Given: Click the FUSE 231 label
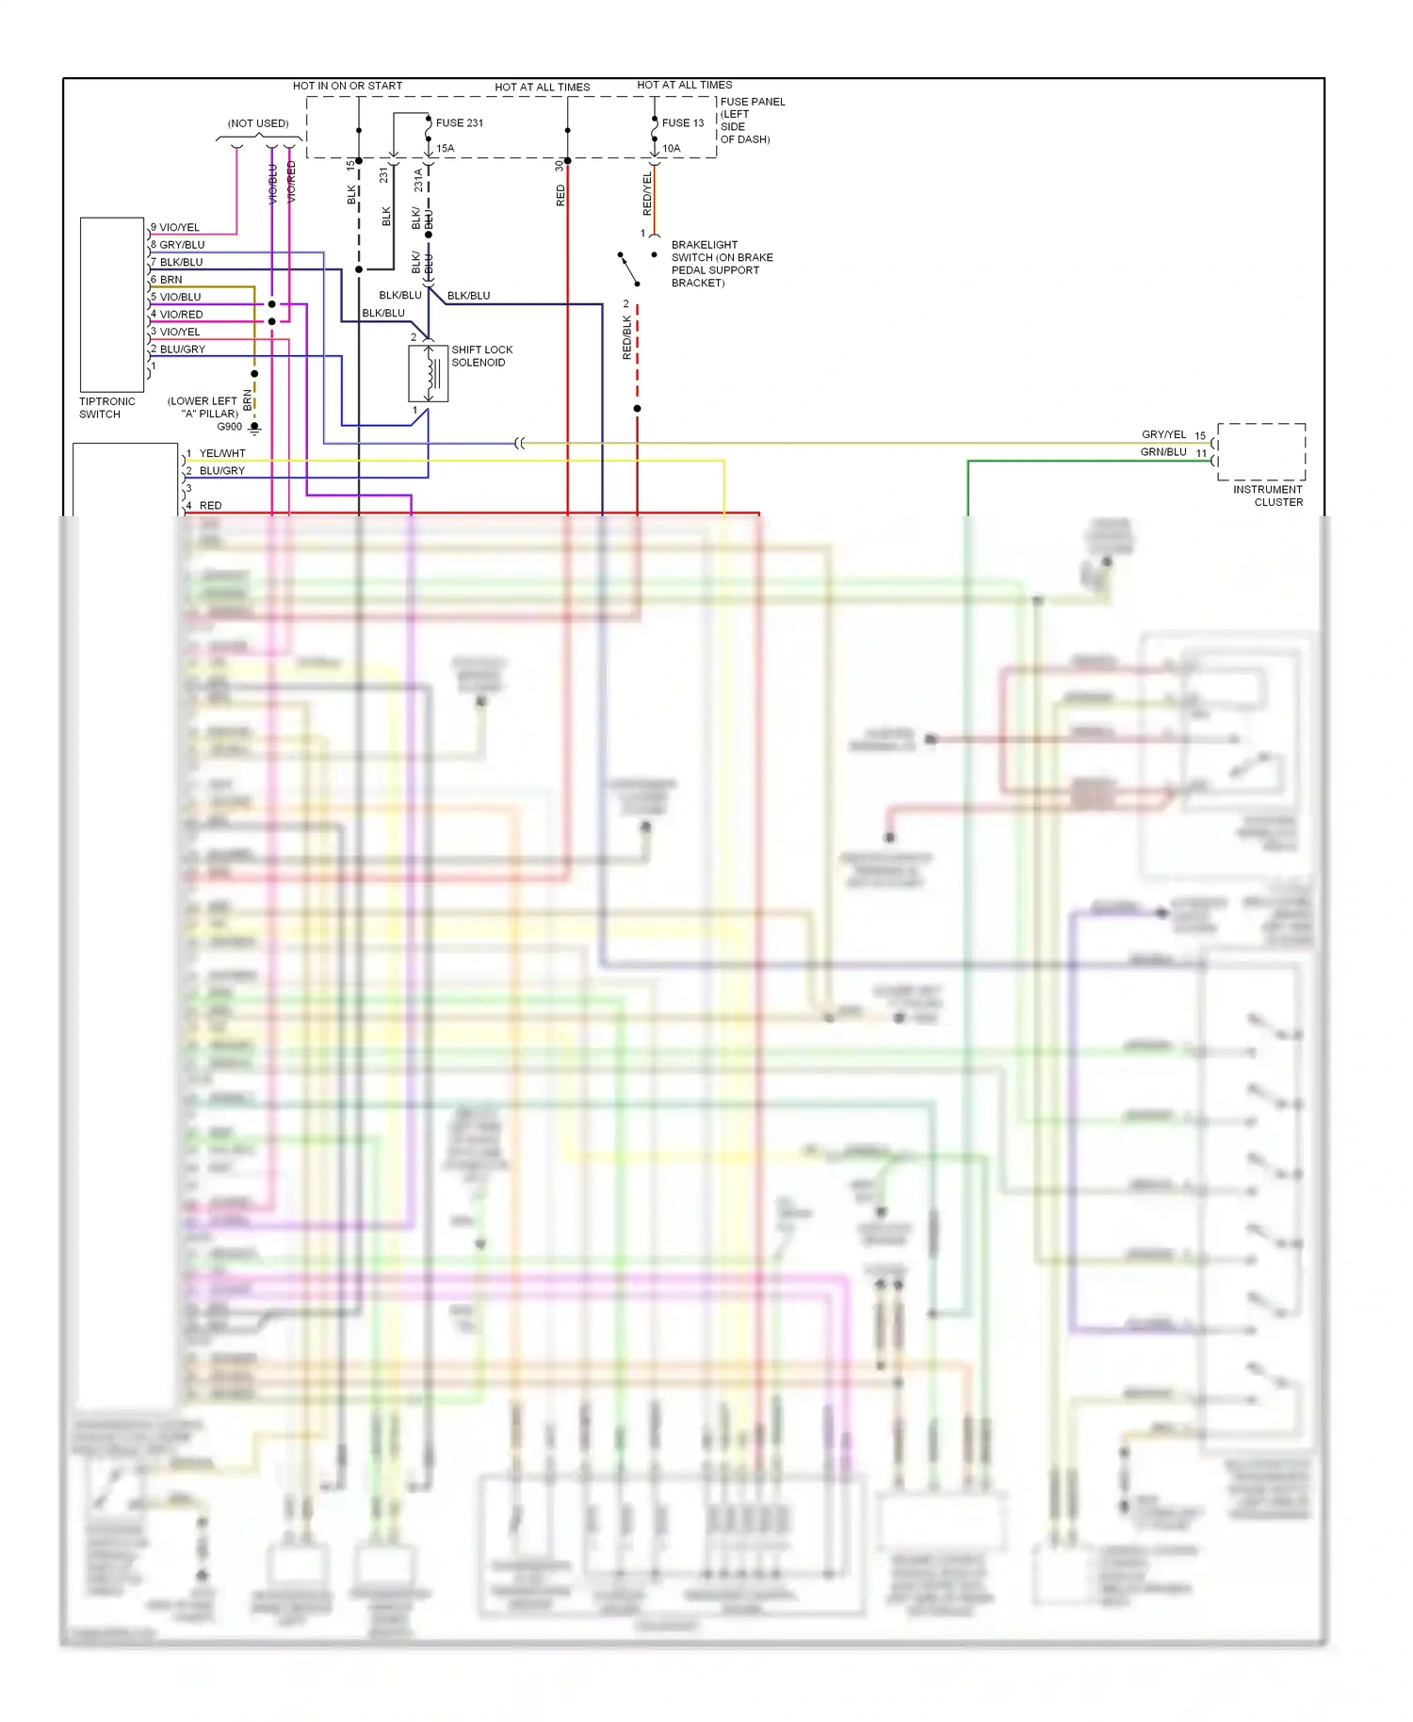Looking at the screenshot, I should (x=459, y=123).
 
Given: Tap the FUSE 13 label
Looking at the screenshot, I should (x=682, y=123).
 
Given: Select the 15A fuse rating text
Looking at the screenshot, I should (x=446, y=149).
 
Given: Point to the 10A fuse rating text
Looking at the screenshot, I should (x=671, y=149).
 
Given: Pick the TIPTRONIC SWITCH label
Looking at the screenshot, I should (x=106, y=408).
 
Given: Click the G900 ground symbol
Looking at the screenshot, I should (x=254, y=428).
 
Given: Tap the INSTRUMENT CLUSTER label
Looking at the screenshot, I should (x=1268, y=495).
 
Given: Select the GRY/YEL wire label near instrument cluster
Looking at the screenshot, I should (x=1163, y=435).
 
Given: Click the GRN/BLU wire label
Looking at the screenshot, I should (x=1163, y=452).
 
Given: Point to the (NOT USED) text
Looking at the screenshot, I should (x=258, y=123).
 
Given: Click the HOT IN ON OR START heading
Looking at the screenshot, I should (x=348, y=86).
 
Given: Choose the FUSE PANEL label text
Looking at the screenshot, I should (x=752, y=102).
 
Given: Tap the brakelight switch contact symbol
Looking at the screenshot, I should (x=629, y=268).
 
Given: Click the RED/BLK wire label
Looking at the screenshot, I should (x=627, y=337).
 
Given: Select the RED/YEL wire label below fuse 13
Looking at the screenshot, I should (x=647, y=194).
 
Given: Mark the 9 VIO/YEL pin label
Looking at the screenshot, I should (x=176, y=228).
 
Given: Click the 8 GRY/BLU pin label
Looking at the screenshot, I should (x=178, y=245).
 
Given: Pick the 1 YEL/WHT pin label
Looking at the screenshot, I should (x=217, y=454).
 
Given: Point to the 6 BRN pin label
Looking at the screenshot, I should (x=167, y=280).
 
